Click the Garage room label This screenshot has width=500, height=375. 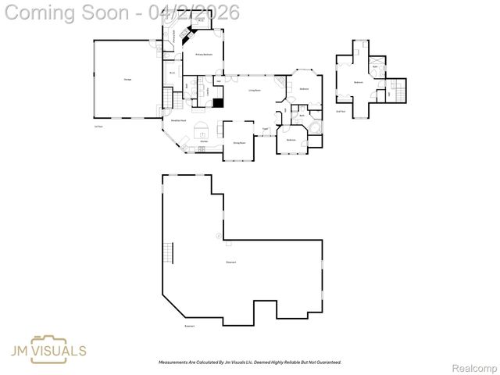coord(127,80)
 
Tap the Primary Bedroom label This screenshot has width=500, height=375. coord(205,55)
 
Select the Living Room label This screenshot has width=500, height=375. coord(255,91)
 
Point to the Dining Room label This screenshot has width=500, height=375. coord(239,143)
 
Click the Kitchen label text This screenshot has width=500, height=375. coord(204,141)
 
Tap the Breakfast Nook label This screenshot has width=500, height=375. coord(178,120)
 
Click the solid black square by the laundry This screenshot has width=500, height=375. coord(218,102)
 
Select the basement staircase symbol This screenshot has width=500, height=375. coord(167,253)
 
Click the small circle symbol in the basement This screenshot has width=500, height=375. coord(218,235)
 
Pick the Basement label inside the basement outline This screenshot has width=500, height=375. coord(230,262)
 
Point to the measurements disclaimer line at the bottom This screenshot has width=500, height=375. coord(250,362)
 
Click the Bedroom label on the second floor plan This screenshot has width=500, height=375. coord(359,82)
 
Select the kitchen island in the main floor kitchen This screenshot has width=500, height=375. coord(202,130)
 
